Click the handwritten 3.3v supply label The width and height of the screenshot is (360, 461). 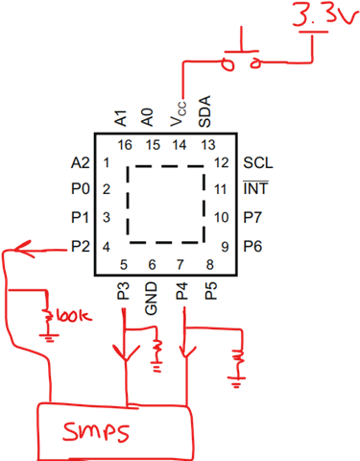(x=324, y=13)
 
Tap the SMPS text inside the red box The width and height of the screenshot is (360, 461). (x=96, y=431)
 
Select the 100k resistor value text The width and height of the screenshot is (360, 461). (x=74, y=316)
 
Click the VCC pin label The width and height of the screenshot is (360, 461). (x=178, y=113)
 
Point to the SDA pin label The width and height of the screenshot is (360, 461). (x=204, y=111)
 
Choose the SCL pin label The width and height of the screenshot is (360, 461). (x=258, y=163)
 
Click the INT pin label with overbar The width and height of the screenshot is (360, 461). (x=255, y=188)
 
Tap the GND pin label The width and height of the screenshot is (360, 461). (x=151, y=298)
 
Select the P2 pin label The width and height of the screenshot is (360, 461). (x=81, y=246)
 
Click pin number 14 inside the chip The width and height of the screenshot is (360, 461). (x=180, y=145)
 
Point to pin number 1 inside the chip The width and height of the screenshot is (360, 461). (x=107, y=163)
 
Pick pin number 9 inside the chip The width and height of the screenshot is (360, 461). (x=225, y=247)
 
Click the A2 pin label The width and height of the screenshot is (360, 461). (x=81, y=163)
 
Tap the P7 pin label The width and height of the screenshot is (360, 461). (x=252, y=217)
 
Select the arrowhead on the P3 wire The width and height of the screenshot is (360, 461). (x=126, y=352)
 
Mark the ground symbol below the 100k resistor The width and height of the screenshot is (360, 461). (x=49, y=337)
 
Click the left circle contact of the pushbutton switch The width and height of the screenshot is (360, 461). (x=228, y=65)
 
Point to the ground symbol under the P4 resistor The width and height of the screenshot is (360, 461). (x=236, y=382)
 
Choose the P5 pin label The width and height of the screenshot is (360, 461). (x=211, y=291)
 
